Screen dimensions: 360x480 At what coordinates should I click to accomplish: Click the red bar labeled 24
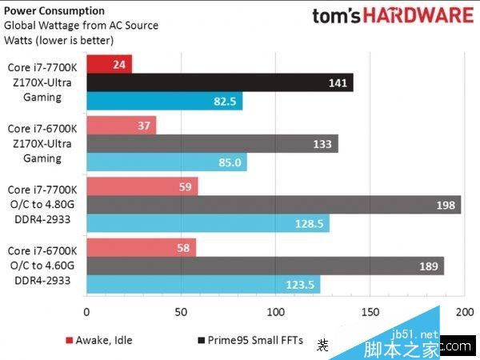[109, 63]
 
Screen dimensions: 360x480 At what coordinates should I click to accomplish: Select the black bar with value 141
[219, 82]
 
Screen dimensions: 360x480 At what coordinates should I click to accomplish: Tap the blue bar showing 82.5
[164, 102]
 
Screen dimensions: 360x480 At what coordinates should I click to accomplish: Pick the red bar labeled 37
[121, 125]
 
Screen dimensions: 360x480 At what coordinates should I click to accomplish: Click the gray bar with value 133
[212, 144]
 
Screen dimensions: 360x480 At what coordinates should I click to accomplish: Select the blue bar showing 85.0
[166, 163]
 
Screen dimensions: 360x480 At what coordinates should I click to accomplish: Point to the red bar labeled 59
[142, 186]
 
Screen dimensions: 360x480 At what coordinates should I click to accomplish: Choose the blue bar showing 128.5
[208, 224]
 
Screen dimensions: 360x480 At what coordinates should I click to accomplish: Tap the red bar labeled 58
[141, 247]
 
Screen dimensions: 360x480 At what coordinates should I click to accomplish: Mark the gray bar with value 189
[265, 266]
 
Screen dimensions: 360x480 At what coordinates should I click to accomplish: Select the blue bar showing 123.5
[203, 285]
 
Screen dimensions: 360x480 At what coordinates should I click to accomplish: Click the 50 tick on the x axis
[181, 312]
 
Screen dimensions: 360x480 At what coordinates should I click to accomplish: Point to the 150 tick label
[370, 312]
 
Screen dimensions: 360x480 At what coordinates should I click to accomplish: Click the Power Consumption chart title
[54, 11]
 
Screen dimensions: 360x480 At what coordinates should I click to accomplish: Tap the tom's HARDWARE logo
[391, 17]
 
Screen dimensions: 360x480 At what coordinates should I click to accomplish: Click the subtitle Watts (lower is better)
[58, 40]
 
